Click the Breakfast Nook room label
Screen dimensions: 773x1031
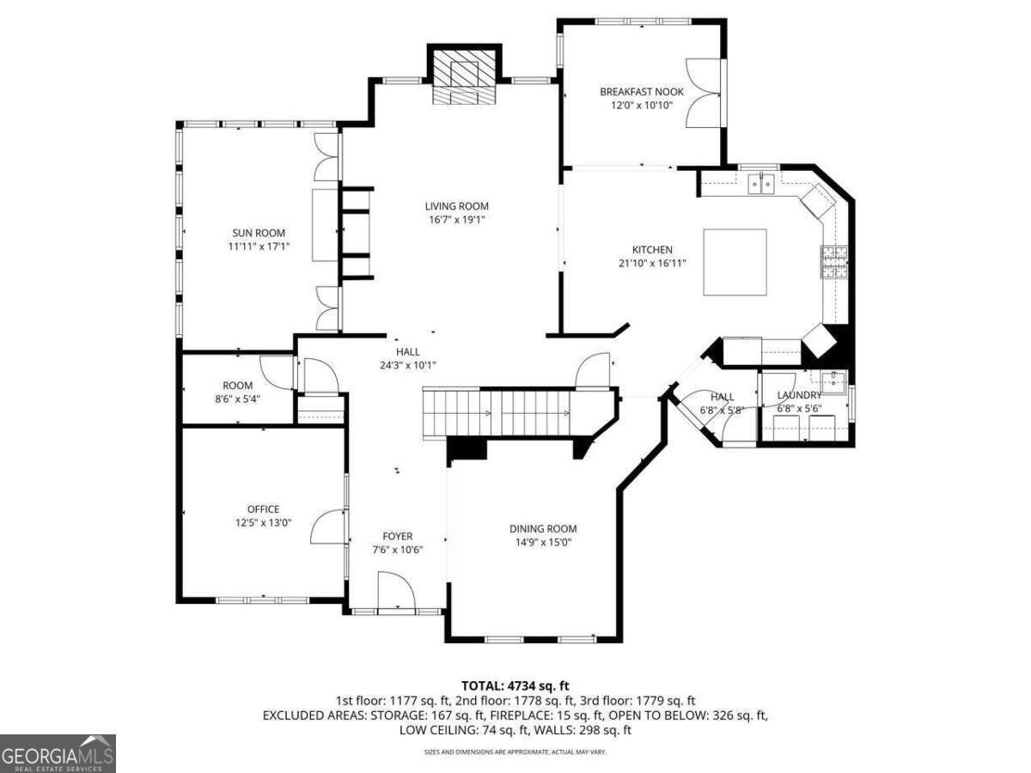[636, 91]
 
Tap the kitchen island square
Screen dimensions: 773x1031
[735, 262]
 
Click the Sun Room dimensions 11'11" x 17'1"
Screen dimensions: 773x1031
[259, 247]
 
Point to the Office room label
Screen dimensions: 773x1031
[263, 509]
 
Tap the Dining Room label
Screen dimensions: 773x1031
[543, 529]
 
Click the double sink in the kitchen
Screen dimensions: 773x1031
[762, 182]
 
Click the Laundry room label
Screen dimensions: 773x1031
[799, 395]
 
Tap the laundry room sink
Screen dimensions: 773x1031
[833, 380]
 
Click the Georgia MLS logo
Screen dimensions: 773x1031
[58, 753]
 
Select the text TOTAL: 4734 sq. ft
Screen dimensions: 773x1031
[515, 685]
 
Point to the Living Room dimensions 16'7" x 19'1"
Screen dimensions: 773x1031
[457, 220]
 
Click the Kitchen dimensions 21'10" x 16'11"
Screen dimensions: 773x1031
[652, 264]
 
